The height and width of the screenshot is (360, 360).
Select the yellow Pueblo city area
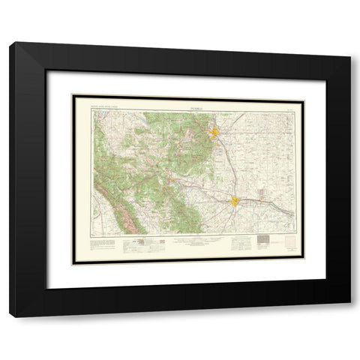tap(236, 201)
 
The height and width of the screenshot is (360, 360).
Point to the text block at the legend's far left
tap(101, 244)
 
